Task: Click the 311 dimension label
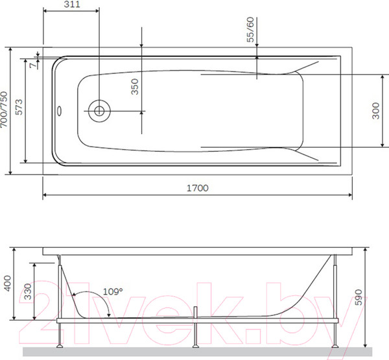point(72,5)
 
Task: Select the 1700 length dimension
point(198,188)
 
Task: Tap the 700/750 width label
point(4,110)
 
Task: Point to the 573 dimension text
point(19,107)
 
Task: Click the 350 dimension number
point(134,87)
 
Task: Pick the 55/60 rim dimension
point(250,30)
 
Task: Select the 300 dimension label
point(375,111)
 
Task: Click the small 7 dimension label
point(32,66)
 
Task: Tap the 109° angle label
point(113,291)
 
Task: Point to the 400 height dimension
point(8,283)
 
